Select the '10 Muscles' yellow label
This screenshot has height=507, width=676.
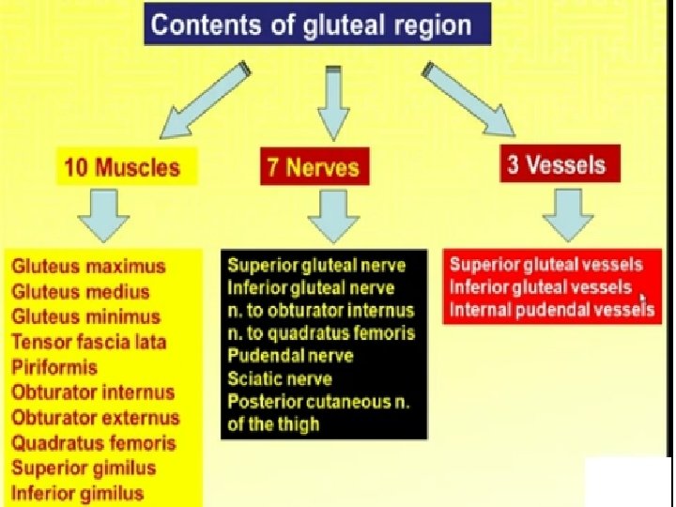coord(122,168)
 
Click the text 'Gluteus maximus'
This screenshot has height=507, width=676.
coord(88,267)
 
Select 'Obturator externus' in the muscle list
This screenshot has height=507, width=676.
coord(95,417)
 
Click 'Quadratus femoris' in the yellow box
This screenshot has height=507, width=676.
coord(94,442)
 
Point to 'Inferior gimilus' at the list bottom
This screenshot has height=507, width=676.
coord(78,493)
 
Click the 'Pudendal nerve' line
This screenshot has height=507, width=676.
coord(290,356)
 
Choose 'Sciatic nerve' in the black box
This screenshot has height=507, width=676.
coord(280,378)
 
